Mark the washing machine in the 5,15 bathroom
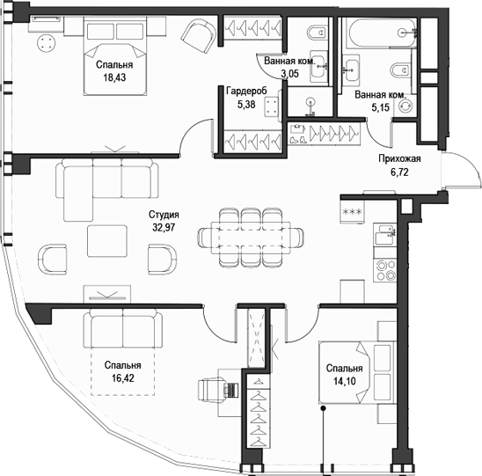click(405, 103)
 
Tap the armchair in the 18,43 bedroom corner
click(197, 36)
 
